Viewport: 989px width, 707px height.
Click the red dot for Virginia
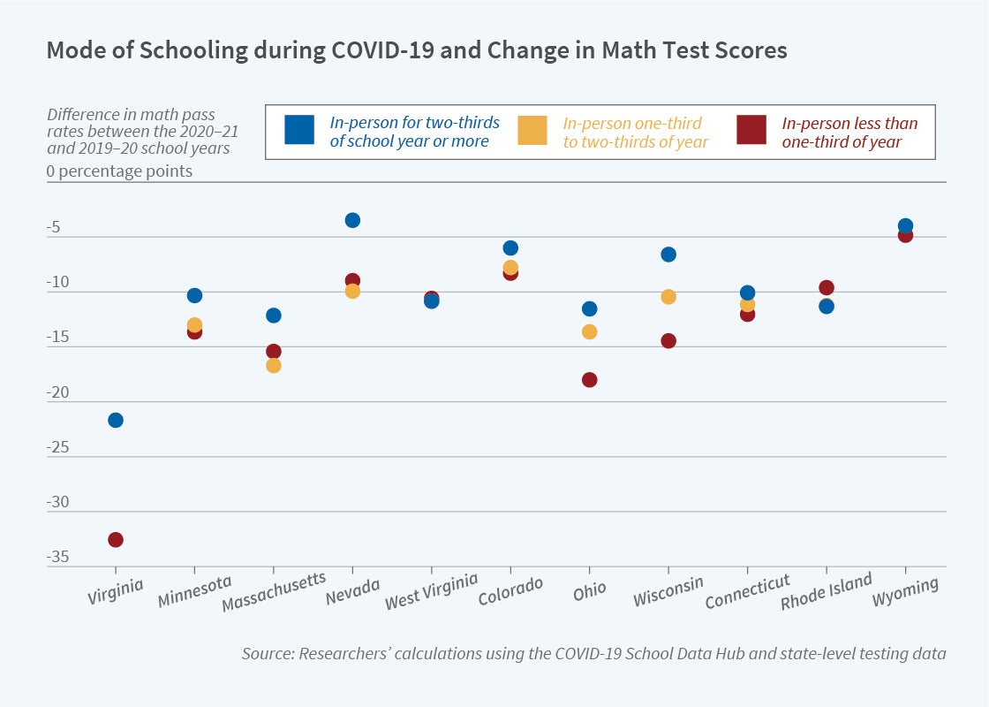pyautogui.click(x=116, y=540)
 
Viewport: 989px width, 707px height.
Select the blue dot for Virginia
pyautogui.click(x=116, y=420)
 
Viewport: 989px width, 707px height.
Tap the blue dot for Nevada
pyautogui.click(x=352, y=220)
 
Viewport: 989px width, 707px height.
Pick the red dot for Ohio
pyautogui.click(x=589, y=380)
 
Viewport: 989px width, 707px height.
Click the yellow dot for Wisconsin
pyautogui.click(x=668, y=297)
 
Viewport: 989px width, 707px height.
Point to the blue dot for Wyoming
pyautogui.click(x=905, y=225)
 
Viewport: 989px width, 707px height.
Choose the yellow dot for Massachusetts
pyautogui.click(x=274, y=365)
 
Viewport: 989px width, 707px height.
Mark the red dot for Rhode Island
pyautogui.click(x=827, y=288)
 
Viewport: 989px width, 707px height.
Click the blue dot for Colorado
pyautogui.click(x=510, y=248)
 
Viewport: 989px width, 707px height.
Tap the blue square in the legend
pyautogui.click(x=298, y=131)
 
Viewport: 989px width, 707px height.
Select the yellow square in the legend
pyautogui.click(x=532, y=131)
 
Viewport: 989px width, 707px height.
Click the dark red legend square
pyautogui.click(x=751, y=131)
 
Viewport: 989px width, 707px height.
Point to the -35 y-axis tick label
pyautogui.click(x=58, y=558)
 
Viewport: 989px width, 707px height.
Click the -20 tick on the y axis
pyautogui.click(x=58, y=392)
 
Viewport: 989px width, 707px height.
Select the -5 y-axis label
pyautogui.click(x=54, y=227)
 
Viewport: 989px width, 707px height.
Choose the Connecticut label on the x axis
pyautogui.click(x=747, y=593)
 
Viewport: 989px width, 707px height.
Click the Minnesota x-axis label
pyautogui.click(x=194, y=592)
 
